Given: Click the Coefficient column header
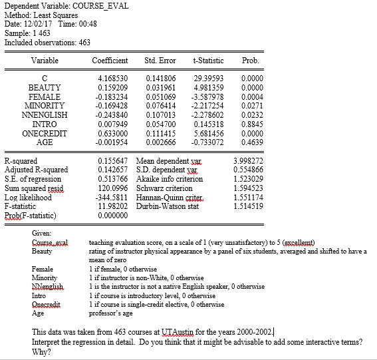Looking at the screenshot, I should (x=110, y=61).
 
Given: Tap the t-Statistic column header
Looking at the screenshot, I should (x=207, y=61).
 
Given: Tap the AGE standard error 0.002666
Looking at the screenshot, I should (x=160, y=141).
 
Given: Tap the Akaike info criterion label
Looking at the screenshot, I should (x=169, y=170).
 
